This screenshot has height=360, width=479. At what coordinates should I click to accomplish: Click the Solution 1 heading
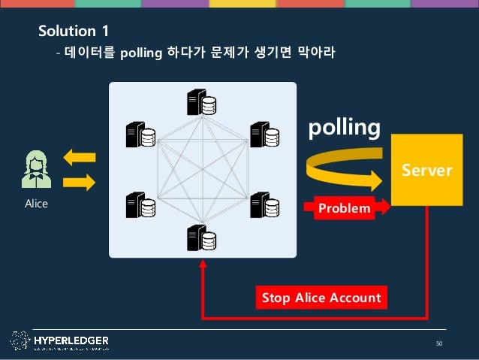[x=74, y=31]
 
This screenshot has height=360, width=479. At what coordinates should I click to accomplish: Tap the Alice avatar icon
[x=36, y=169]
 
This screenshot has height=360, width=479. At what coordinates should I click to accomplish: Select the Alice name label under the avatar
[x=36, y=203]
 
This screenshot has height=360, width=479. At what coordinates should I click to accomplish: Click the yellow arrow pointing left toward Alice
[x=80, y=158]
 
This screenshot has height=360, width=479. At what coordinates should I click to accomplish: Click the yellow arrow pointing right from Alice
[x=80, y=181]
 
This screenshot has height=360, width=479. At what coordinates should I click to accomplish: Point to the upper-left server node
[x=140, y=135]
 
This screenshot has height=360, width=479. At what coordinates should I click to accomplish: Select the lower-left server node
[x=140, y=204]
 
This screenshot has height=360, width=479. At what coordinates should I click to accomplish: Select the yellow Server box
[x=426, y=170]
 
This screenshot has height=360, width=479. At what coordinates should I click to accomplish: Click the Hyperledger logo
[x=60, y=341]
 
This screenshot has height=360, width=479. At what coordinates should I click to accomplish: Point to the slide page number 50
[x=439, y=344]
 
